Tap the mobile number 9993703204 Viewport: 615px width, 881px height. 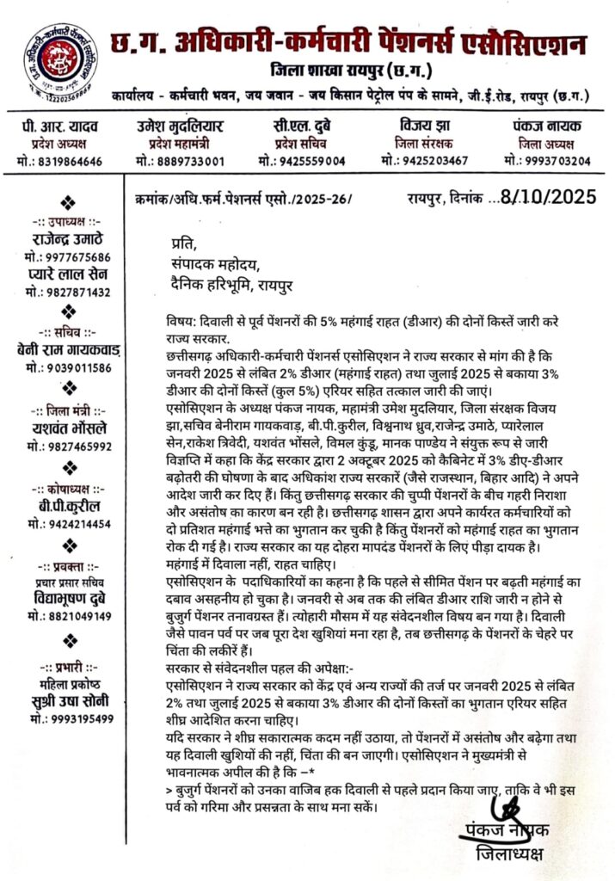[555, 161]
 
